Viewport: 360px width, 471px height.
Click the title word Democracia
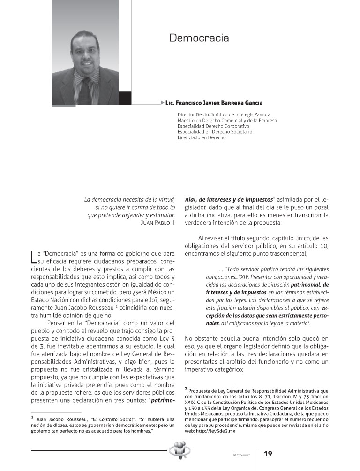199,38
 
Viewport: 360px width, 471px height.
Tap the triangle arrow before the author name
162,102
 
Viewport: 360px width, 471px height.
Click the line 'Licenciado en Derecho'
202,138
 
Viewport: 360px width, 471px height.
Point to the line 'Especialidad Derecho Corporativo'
213,126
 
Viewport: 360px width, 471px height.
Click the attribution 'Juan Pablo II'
157,223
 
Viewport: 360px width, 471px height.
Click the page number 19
268,454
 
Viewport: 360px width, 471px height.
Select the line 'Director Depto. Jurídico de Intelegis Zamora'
224,114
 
